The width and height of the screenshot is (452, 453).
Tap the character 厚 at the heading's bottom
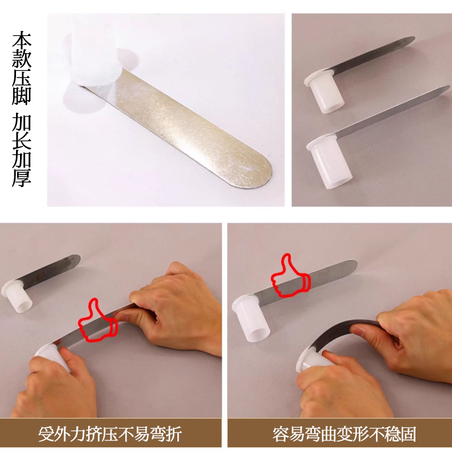coord(22,178)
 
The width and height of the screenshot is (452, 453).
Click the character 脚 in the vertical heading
coord(22,96)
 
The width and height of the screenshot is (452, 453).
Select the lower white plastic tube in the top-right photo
coord(329,161)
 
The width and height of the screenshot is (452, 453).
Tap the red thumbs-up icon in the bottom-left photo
coord(98,321)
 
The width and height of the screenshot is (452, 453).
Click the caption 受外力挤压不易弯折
coord(110,434)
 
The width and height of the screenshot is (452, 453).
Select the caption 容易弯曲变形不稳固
coord(344,434)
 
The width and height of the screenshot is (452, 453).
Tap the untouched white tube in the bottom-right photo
coord(251,319)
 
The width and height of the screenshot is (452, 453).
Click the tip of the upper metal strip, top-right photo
coord(414,38)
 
